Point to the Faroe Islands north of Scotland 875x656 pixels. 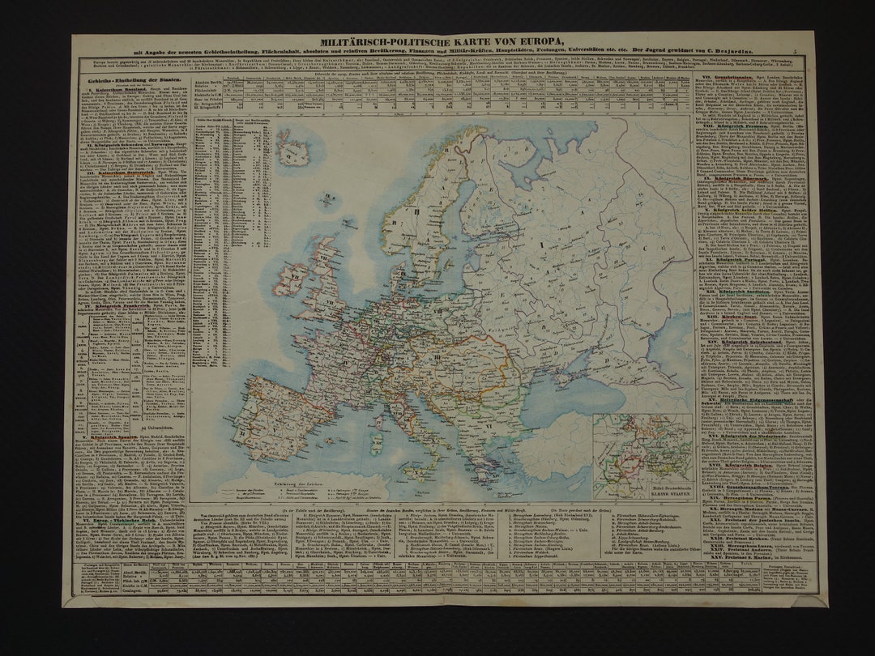327,197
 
